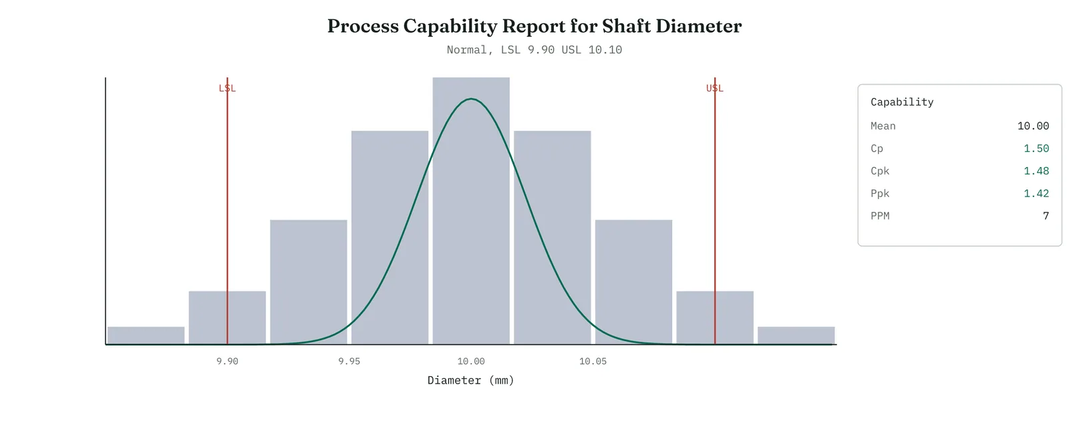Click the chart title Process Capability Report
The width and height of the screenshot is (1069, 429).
[534, 26]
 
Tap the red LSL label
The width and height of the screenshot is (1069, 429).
[227, 88]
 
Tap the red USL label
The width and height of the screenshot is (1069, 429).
[715, 88]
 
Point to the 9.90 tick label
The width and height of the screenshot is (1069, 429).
[227, 362]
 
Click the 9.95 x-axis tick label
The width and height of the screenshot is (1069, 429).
[349, 362]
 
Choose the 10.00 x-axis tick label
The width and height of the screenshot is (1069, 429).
[471, 362]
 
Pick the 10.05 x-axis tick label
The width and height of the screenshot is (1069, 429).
[593, 362]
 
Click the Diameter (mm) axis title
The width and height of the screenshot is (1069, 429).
[471, 380]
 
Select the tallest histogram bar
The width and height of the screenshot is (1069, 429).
[471, 210]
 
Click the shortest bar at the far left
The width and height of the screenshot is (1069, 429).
[146, 335]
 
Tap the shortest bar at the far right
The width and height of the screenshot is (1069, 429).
[796, 335]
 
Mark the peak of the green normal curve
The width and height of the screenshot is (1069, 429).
[471, 99]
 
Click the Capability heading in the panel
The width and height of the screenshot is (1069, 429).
[902, 102]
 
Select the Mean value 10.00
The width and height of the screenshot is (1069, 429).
[1033, 126]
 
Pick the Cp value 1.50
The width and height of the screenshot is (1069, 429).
[1036, 148]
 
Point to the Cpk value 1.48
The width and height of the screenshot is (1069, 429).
[1036, 171]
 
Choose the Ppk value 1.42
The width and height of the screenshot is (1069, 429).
[1036, 193]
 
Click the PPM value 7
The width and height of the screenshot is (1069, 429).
[1046, 216]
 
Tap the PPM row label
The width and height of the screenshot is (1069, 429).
[880, 216]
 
